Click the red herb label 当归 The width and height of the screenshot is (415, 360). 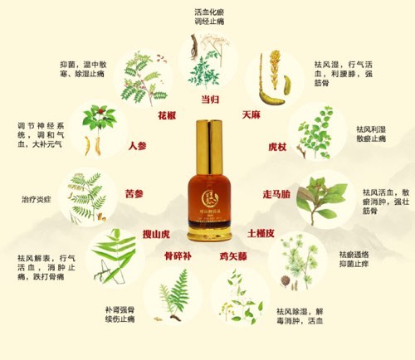tap(211, 100)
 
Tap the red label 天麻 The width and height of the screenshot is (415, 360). tap(251, 114)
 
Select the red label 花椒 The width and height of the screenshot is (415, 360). tap(168, 114)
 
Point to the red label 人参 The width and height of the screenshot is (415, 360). tap(137, 146)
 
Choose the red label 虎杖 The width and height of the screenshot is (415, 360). tap(277, 146)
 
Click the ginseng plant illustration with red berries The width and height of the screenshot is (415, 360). tap(99, 131)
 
